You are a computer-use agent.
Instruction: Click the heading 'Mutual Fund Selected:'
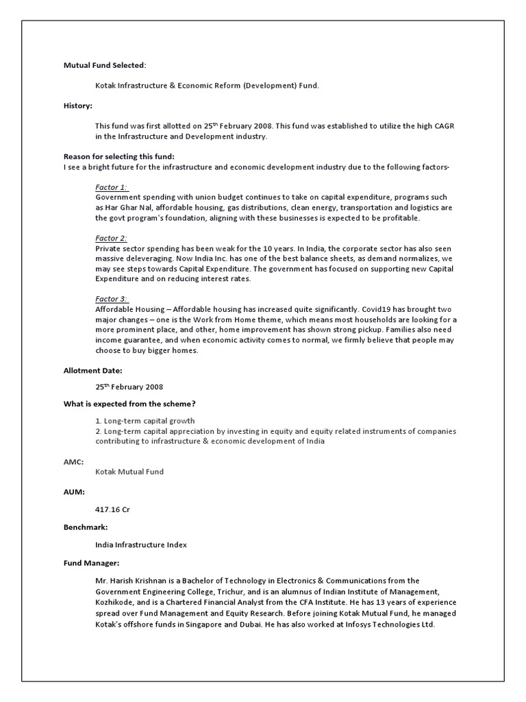(105, 65)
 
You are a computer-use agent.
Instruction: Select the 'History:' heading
(78, 106)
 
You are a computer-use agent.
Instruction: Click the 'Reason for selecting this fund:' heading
(119, 157)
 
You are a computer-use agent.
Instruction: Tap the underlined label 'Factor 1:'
(112, 187)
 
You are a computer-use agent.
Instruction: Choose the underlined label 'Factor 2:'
(112, 238)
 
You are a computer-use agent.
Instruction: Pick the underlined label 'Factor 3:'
(112, 299)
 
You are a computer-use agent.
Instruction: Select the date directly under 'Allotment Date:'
(129, 387)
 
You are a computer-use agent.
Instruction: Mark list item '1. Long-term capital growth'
(145, 421)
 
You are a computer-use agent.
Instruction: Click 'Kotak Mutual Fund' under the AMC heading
(129, 472)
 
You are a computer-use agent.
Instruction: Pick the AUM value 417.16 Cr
(114, 509)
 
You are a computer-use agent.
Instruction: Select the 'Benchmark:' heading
(86, 528)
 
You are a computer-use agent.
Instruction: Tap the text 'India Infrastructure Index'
(141, 545)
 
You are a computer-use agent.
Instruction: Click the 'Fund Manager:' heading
(92, 563)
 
